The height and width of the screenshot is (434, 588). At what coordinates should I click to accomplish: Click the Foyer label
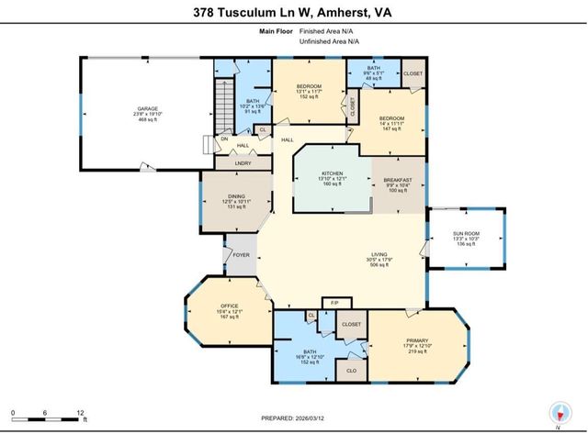pyautogui.click(x=242, y=256)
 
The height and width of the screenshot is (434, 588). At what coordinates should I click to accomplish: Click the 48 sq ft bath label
pyautogui.click(x=373, y=80)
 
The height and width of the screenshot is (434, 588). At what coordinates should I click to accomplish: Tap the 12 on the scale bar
pyautogui.click(x=81, y=414)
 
